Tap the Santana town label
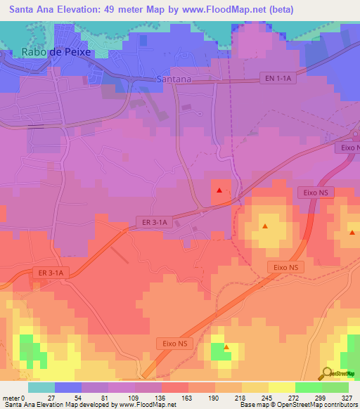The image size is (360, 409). tap(173, 79)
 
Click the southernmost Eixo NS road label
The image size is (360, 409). tap(172, 343)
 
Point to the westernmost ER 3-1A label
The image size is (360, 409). tap(51, 273)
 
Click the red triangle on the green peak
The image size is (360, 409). tap(226, 346)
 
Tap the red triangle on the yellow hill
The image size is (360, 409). tap(265, 226)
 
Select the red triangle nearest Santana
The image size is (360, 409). tap(219, 190)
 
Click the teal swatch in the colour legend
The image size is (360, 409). tap(41, 387)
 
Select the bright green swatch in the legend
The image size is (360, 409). tap(308, 387)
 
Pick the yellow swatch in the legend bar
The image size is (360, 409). tap(281, 387)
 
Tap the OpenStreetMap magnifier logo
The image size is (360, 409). tap(327, 373)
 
